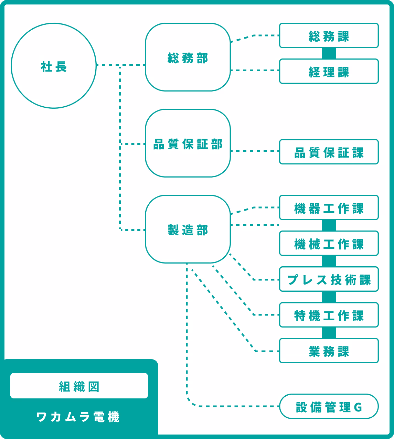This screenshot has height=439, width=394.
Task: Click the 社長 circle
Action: [54, 66]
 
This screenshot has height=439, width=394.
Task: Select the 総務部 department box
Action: [188, 57]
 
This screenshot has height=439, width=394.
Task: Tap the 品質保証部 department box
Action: [188, 143]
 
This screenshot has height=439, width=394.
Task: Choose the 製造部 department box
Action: [188, 229]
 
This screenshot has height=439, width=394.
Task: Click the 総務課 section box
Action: [329, 35]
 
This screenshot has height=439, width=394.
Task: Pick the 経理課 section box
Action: [329, 71]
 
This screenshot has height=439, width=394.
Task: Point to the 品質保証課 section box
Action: [329, 152]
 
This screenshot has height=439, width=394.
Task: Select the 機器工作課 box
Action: [329, 207]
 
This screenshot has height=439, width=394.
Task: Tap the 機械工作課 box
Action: [329, 243]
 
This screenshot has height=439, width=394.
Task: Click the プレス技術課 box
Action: [329, 279]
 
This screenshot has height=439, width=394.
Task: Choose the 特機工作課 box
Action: [329, 315]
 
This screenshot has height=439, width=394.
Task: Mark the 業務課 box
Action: [329, 351]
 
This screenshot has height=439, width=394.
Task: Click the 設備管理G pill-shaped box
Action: [329, 406]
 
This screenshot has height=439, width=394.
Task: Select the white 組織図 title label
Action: [79, 386]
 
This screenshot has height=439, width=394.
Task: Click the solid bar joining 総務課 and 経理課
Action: [329, 53]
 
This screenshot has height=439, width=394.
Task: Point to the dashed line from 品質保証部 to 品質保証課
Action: [255, 151]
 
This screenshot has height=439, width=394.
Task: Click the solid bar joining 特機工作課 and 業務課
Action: [329, 333]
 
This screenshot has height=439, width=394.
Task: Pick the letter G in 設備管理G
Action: [358, 407]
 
